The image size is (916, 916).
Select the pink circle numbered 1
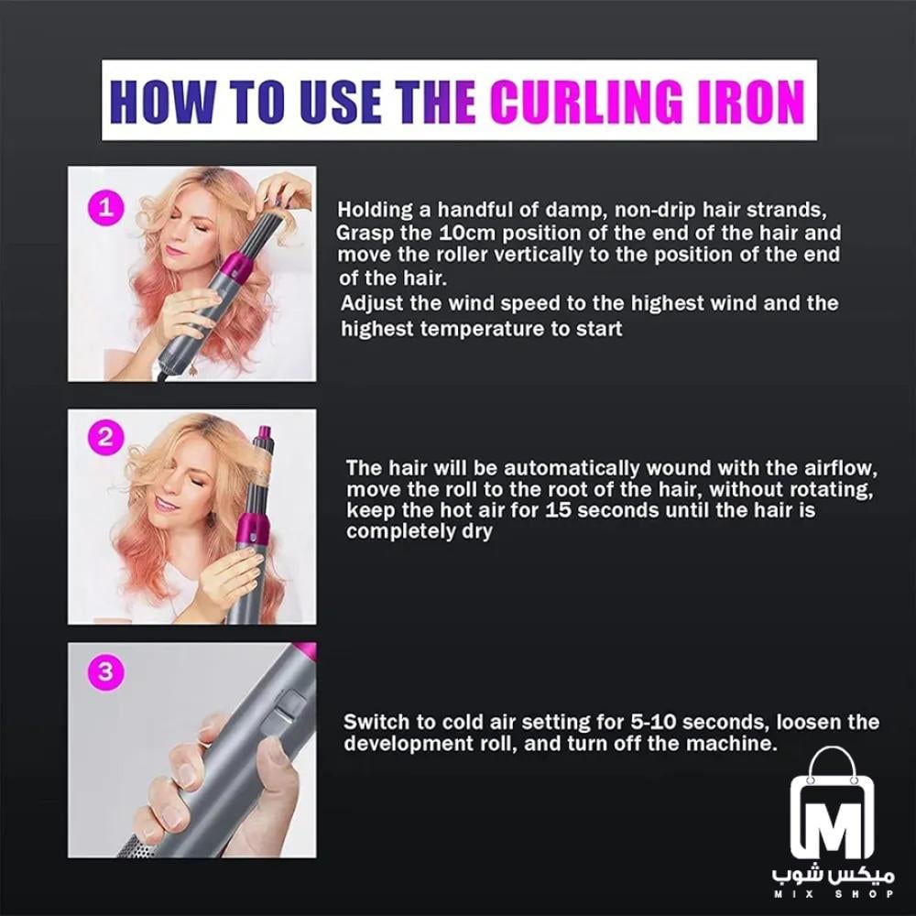pos(105,208)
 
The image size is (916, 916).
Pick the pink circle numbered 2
pos(105,436)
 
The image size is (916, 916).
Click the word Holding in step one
pos(374,209)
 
